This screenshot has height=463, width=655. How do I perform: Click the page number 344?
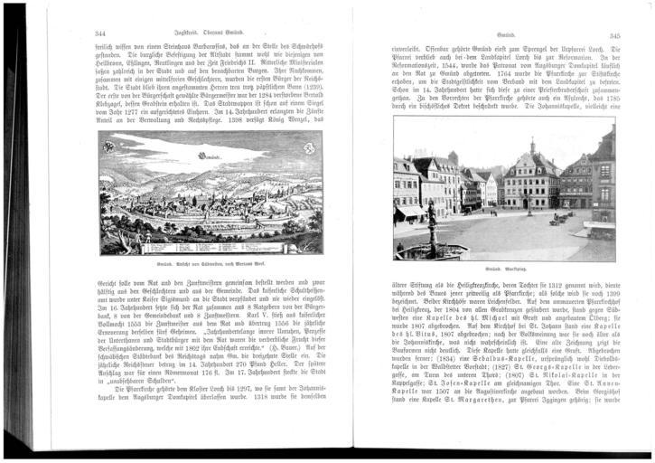100,33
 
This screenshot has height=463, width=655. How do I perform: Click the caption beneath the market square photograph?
504,270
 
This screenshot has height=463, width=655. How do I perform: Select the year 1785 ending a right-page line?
605,96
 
